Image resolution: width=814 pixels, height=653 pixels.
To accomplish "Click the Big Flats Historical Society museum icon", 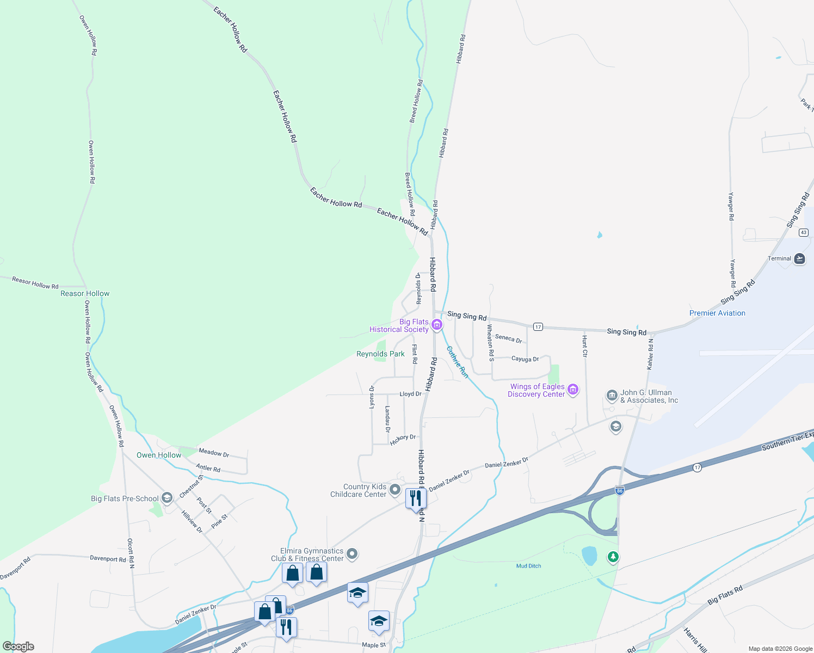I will coord(436,325).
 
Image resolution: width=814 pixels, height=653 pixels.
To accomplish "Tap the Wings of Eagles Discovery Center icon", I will coord(572,390).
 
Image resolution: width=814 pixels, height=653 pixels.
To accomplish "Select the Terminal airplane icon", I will coord(799,258).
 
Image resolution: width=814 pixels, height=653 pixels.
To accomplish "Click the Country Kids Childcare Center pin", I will coord(395,490).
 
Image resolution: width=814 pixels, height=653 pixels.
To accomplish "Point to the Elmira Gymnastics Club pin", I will coord(352,554).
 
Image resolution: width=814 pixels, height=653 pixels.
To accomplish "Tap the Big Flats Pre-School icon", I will coord(168,498).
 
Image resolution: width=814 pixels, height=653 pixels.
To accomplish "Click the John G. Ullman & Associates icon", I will coord(612,395).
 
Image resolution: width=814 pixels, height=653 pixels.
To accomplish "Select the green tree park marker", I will coord(613,557).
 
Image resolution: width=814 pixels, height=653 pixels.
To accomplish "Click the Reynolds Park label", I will coord(380,354).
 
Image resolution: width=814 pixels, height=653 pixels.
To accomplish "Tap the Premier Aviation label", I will coord(717,313).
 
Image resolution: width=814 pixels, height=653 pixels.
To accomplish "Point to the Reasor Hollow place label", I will coord(85,293).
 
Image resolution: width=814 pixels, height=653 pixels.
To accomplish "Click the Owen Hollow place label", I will coord(159,455).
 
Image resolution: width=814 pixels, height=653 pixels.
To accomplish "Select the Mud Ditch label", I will coord(528,566).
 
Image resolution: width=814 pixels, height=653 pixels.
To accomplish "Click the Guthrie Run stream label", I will coord(458,362).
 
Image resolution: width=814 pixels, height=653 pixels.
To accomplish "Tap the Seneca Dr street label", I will coord(508,338).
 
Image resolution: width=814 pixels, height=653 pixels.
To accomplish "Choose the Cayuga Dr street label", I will coord(525,359).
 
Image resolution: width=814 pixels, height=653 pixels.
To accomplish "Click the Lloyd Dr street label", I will coord(410,393).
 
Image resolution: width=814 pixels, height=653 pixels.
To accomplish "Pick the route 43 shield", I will coord(804,232).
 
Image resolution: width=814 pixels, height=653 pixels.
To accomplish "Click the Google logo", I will coord(18,646).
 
